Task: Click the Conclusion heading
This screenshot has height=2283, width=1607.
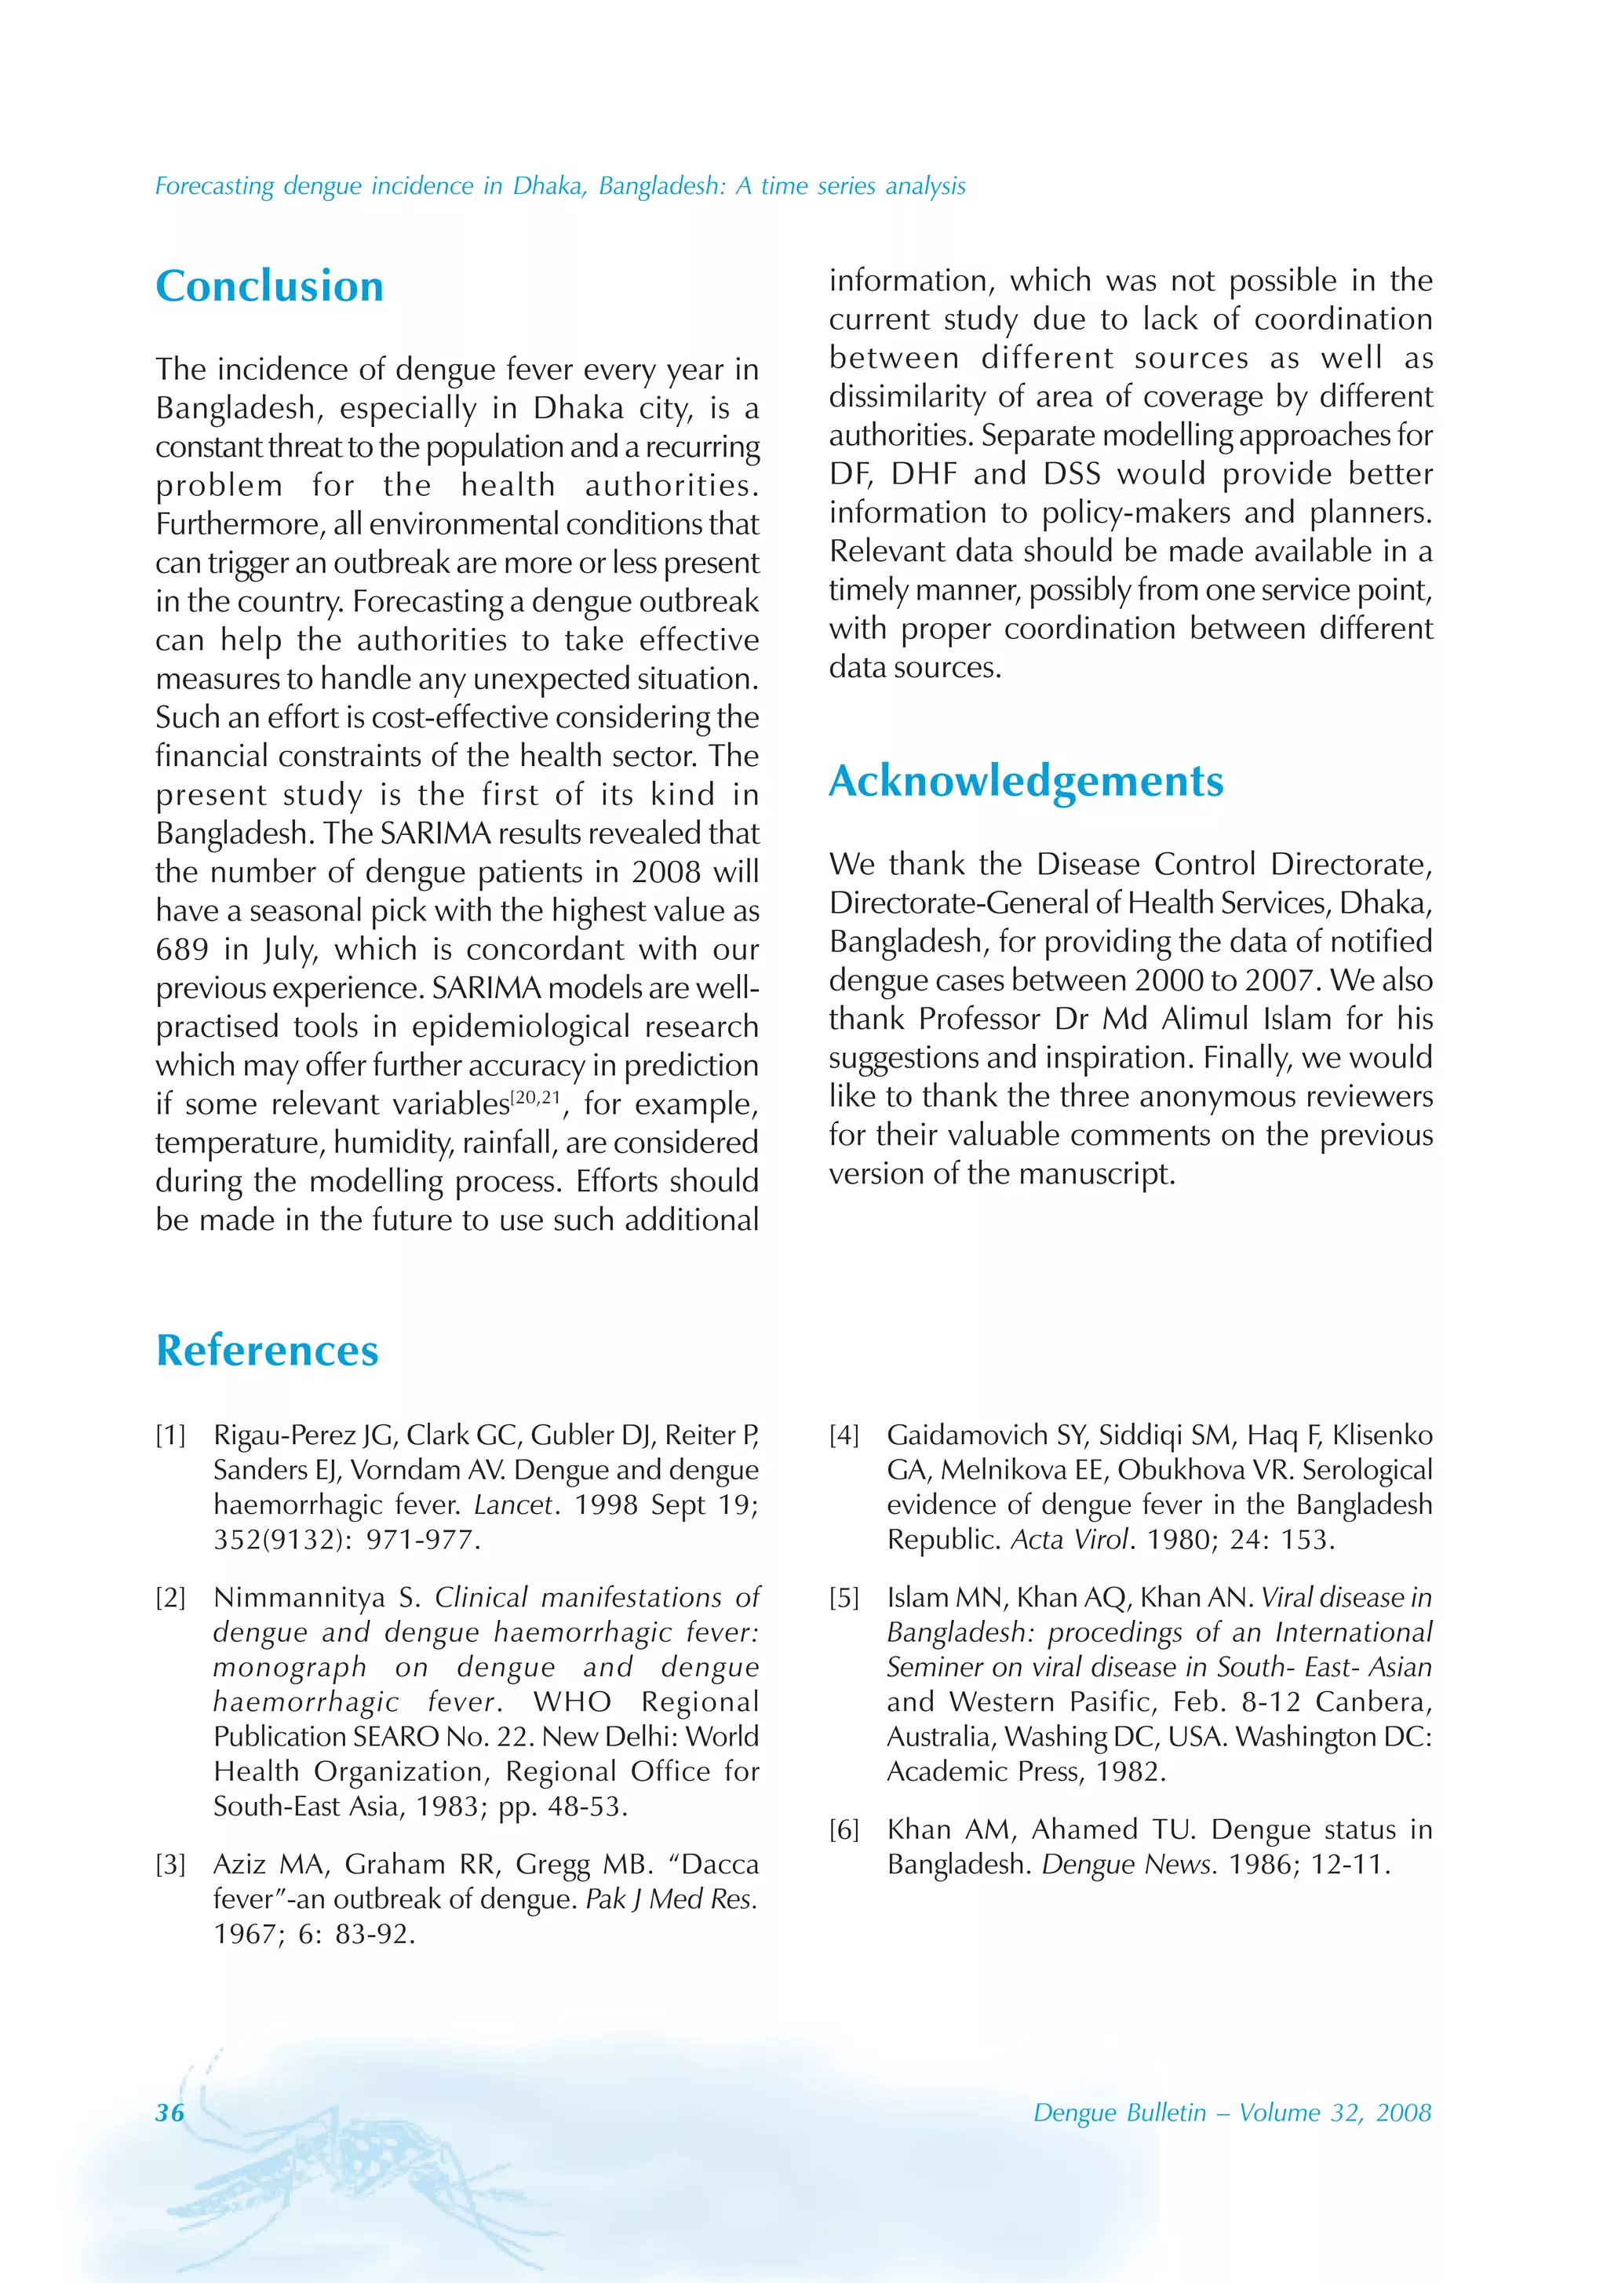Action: click(269, 286)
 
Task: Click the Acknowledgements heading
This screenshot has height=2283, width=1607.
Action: click(1026, 782)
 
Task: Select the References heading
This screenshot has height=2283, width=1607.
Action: click(267, 1351)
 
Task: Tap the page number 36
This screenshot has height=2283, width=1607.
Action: click(170, 2113)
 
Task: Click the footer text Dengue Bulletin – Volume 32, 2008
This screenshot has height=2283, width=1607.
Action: click(1231, 2113)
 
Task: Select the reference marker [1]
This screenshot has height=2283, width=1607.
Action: click(170, 1435)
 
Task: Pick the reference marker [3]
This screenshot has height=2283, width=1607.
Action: click(170, 1865)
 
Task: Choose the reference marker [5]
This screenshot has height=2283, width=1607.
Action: click(844, 1598)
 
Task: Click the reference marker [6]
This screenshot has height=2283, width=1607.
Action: click(844, 1829)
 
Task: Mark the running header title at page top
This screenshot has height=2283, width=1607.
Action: click(560, 186)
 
